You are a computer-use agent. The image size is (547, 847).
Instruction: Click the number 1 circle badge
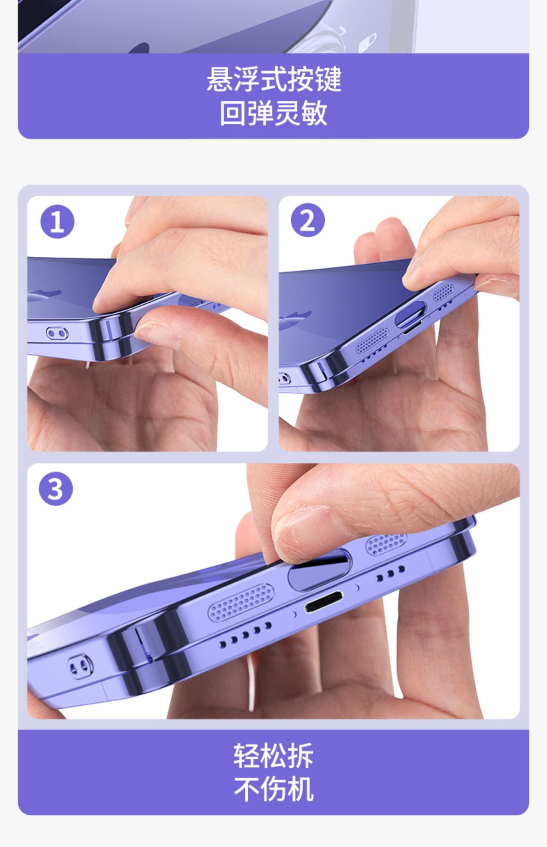(57, 222)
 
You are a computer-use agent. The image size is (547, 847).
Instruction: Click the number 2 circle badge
(307, 220)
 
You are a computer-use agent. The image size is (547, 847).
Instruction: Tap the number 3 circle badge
(56, 489)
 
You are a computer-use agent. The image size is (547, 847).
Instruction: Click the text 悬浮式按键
(274, 79)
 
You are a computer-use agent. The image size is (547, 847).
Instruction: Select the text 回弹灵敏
(274, 113)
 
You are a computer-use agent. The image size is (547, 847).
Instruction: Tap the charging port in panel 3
(324, 601)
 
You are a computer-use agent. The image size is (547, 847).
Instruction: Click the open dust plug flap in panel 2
(410, 314)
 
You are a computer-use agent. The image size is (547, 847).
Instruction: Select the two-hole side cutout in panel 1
(57, 334)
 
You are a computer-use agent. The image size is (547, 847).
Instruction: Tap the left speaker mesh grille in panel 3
(240, 600)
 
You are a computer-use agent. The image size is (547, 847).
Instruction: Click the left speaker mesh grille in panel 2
(373, 340)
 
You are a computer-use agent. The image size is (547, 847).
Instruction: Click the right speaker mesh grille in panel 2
(443, 292)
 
